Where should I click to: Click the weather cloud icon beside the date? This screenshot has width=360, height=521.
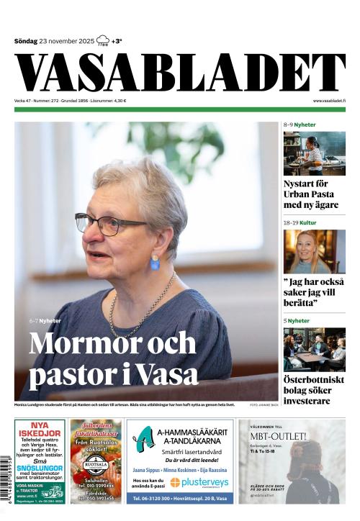[102, 40]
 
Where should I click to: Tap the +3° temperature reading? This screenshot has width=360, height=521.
[117, 41]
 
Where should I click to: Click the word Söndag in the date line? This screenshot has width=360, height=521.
[26, 41]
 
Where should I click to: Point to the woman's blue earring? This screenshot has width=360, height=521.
[155, 263]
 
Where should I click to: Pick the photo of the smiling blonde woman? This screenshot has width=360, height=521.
[314, 251]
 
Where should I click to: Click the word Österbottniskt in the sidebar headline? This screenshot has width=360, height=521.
[314, 379]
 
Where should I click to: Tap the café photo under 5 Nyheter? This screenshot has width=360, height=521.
[314, 349]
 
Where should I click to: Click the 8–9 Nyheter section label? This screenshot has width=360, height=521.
[300, 125]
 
